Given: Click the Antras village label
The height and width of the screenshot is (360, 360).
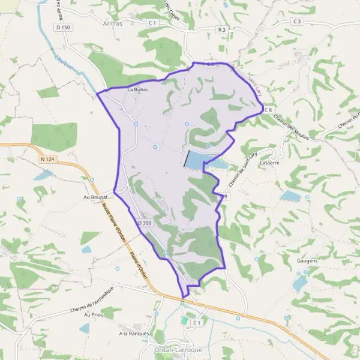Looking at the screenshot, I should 112,24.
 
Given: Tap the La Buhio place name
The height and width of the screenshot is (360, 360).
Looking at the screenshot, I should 137,90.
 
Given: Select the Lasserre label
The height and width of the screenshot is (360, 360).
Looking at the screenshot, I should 266,163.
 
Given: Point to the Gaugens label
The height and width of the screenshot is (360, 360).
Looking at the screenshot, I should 306,262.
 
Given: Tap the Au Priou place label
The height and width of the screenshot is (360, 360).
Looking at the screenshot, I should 94,314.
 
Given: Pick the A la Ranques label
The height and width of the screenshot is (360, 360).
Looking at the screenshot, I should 133,334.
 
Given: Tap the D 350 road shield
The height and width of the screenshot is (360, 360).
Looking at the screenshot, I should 145,223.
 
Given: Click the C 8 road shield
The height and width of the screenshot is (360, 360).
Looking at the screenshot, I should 268,110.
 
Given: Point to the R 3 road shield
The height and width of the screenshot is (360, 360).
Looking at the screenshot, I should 222,29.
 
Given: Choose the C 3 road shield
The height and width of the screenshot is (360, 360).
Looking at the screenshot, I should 297,21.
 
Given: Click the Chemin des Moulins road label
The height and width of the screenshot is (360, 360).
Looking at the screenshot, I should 290,126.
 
